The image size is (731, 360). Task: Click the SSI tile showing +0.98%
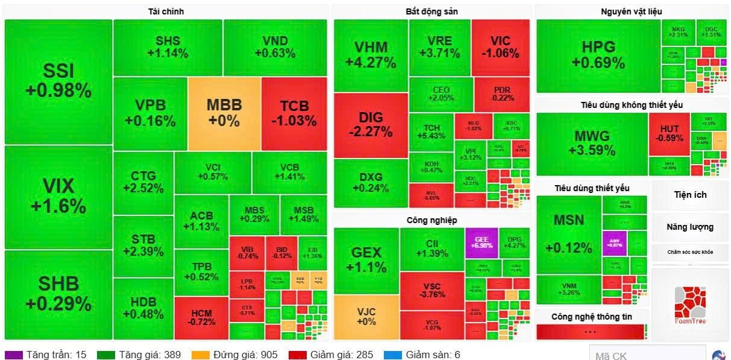(58, 81)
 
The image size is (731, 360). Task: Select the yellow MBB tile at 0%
(224, 113)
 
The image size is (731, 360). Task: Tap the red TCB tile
(294, 113)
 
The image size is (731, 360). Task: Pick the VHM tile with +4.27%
(371, 55)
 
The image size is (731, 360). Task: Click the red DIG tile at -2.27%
(371, 125)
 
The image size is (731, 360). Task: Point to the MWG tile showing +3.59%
(592, 143)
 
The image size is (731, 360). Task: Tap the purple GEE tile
(481, 242)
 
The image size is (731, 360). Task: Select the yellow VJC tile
(366, 317)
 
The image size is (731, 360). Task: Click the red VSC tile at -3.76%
(431, 290)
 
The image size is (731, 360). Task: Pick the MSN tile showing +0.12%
(568, 233)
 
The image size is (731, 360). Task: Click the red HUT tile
(669, 134)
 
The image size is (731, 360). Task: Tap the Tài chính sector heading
(166, 11)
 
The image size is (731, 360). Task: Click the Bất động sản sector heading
(431, 11)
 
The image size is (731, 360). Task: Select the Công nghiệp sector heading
(431, 220)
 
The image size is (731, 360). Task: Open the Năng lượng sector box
(689, 227)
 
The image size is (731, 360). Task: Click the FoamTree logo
(689, 305)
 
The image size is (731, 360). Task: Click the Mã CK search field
(646, 355)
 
